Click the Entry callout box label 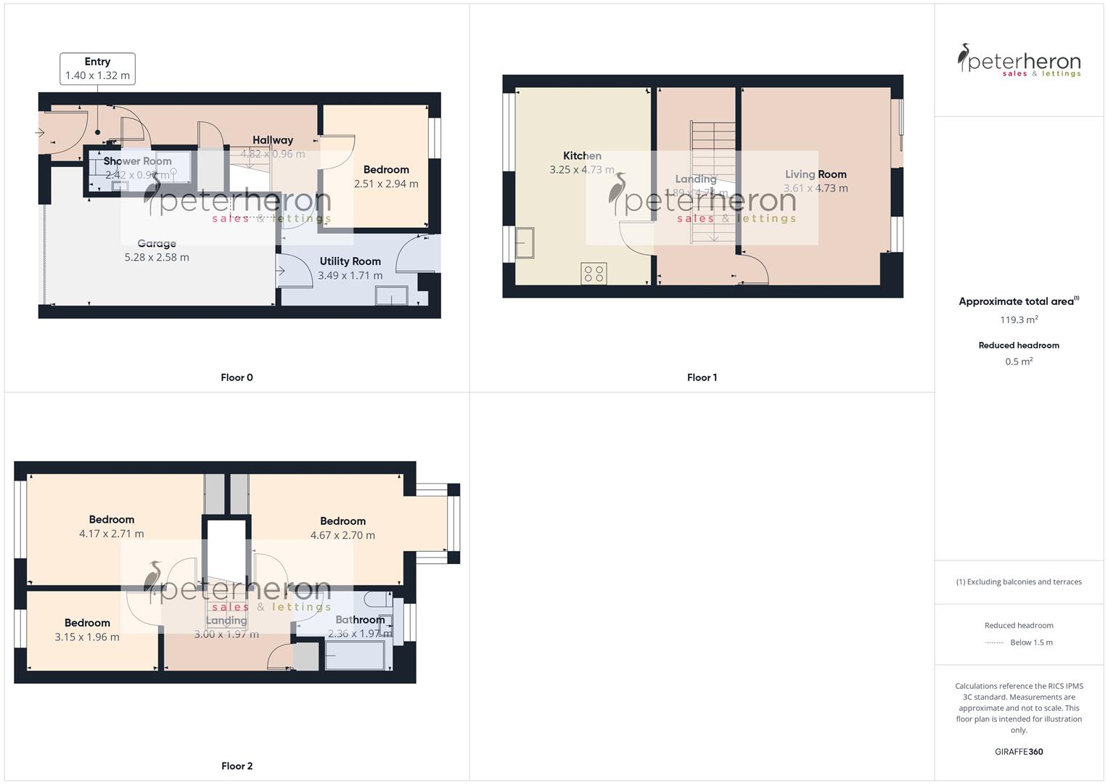pos(97,62)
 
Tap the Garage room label pos(157,244)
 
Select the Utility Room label pos(350,261)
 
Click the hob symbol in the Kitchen pos(594,274)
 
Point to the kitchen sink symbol pos(524,243)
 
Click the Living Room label pos(816,174)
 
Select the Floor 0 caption pos(237,377)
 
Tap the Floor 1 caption pos(702,377)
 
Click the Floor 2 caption pos(237,766)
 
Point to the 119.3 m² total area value pos(1019,320)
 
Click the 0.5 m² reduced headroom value pos(1019,362)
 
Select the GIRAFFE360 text pos(1019,752)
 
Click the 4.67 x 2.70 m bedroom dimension pos(342,536)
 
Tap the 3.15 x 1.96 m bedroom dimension pos(87,637)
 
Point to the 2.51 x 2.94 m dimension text pos(386,184)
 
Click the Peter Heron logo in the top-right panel pos(1019,60)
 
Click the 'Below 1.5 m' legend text pos(1031,642)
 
